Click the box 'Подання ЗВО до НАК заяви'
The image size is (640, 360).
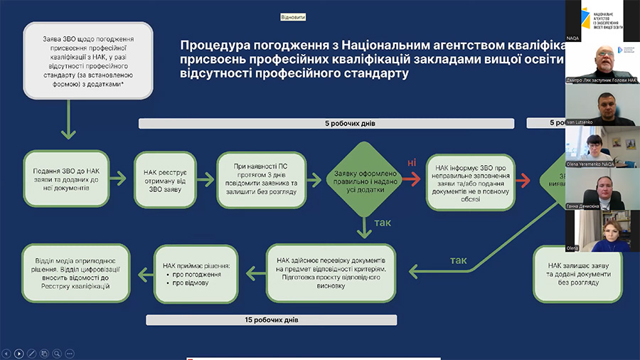65,181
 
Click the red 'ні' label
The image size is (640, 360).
411,164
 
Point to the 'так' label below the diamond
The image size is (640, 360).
383,223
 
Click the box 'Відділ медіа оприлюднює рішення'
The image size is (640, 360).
76,274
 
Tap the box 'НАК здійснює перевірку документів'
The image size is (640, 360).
331,274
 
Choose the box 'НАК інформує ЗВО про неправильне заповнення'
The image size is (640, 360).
470,181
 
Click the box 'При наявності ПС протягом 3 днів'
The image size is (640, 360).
261,181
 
